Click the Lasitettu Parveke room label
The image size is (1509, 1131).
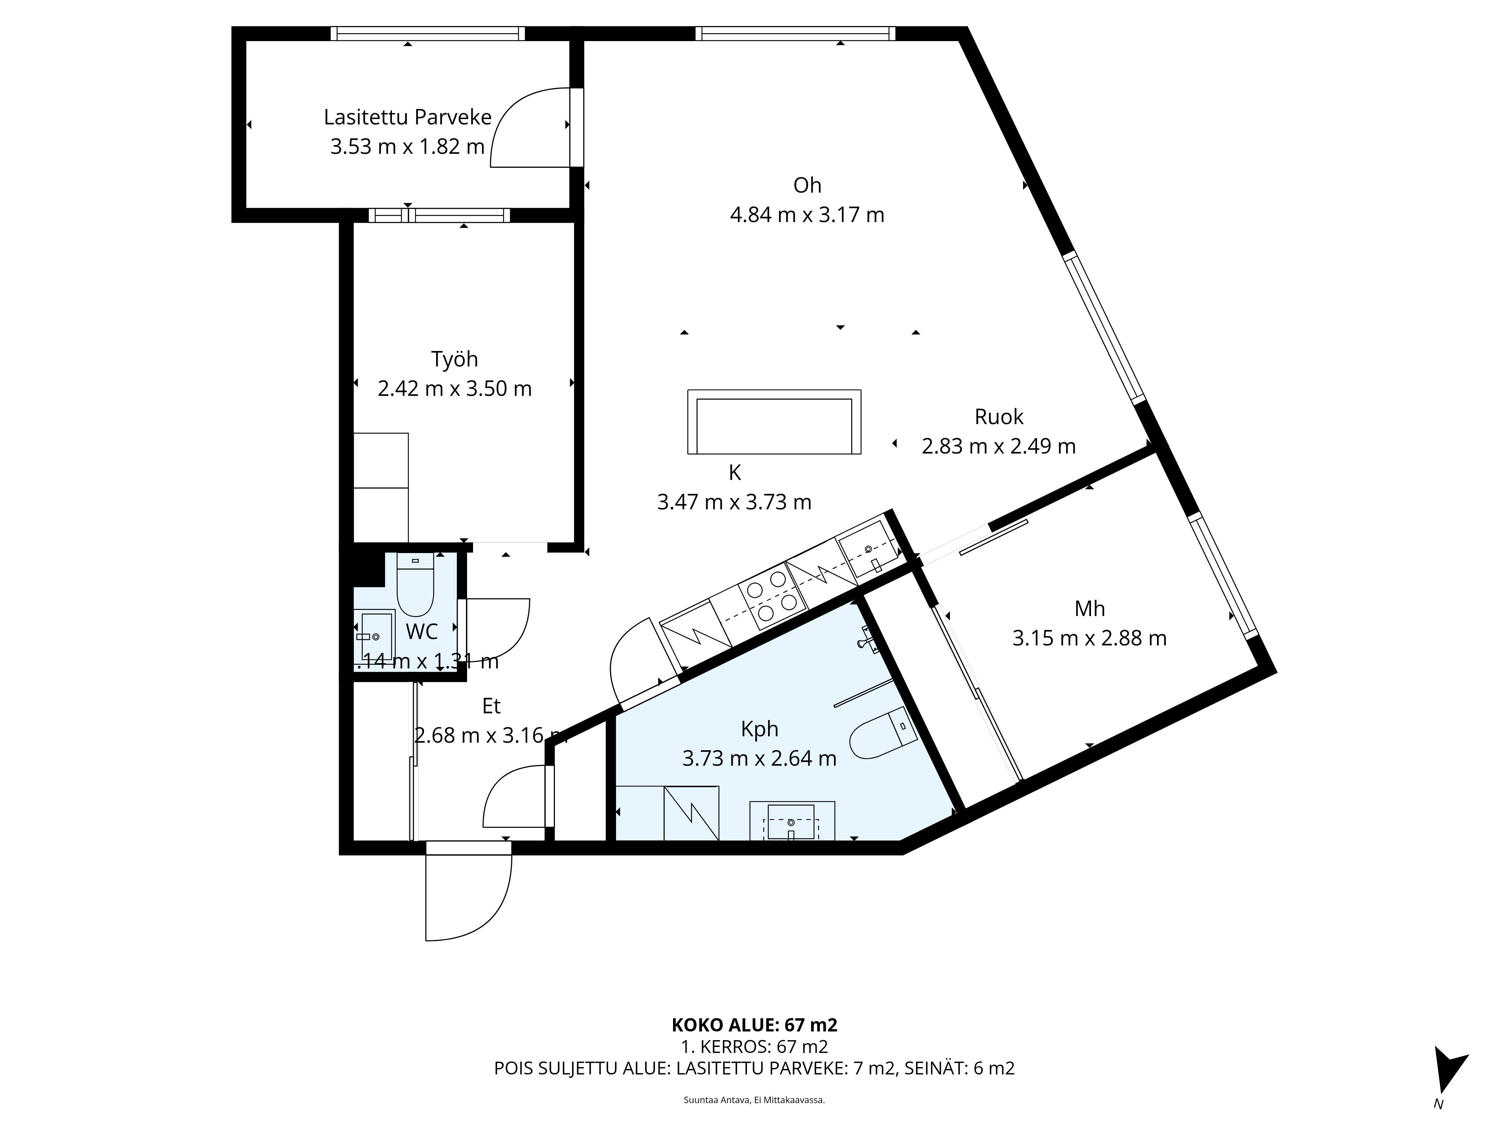[407, 117]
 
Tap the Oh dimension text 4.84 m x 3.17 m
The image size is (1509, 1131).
[807, 215]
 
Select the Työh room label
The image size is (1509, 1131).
[454, 359]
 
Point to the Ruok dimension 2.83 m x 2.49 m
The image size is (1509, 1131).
[998, 446]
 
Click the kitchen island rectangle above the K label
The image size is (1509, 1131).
[774, 422]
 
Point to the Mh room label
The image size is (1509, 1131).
[1089, 609]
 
